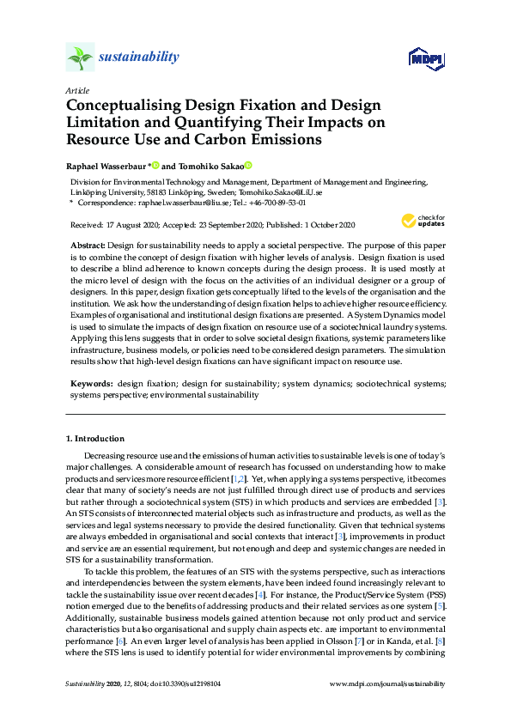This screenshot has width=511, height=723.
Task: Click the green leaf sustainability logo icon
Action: click(79, 57)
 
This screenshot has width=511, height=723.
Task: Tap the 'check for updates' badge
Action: click(417, 221)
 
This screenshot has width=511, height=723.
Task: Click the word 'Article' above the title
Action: click(76, 90)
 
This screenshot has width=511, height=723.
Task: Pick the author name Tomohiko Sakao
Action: click(210, 165)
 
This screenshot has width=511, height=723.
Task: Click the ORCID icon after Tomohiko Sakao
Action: click(248, 164)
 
